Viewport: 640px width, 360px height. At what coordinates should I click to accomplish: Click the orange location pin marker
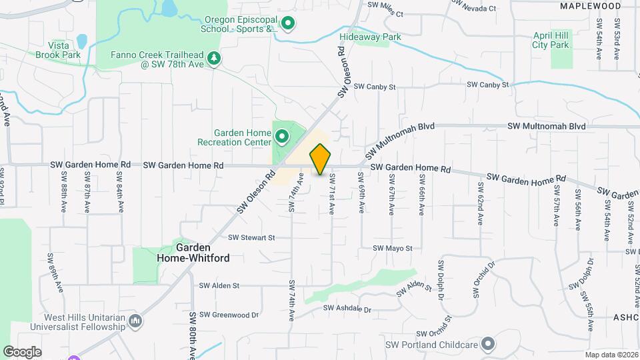coord(321,159)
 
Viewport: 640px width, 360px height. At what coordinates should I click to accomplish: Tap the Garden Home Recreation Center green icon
coord(282,137)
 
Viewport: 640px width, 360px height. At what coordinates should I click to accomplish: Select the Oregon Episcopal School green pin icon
coord(288,25)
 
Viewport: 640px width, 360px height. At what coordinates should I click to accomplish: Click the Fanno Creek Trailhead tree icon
coord(214,59)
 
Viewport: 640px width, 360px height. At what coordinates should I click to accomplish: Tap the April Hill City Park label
coord(551,40)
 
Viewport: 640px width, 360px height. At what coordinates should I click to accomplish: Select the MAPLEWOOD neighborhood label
coord(590,6)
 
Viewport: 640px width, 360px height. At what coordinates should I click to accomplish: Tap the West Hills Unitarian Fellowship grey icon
coord(135,322)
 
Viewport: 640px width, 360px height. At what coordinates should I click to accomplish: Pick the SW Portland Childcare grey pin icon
coord(489,345)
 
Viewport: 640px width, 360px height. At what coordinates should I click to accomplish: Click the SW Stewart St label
coord(251,237)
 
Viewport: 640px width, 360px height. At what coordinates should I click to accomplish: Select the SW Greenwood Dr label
coord(229,315)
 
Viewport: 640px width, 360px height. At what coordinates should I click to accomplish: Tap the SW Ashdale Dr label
coord(347,309)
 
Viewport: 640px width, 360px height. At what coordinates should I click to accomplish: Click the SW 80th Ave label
coord(192,335)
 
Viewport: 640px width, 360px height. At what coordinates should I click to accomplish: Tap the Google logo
coord(22,351)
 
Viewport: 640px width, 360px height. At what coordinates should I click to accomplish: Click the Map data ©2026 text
coord(611,355)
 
